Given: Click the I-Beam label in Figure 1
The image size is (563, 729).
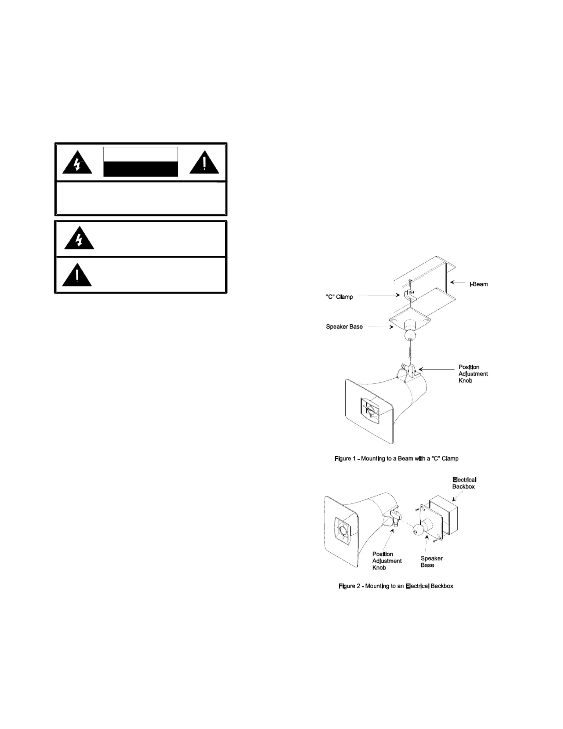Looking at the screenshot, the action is [x=478, y=284].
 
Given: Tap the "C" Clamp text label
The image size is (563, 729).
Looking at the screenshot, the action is [x=339, y=297].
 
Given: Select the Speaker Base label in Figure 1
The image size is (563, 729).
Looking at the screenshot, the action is [x=344, y=327].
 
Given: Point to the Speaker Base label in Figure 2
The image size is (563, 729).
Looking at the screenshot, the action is [x=432, y=562].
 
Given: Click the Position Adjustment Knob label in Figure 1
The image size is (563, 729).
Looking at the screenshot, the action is [x=473, y=374].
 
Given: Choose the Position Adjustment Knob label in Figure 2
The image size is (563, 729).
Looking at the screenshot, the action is [x=387, y=561].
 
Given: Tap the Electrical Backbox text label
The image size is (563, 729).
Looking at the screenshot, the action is [x=464, y=483].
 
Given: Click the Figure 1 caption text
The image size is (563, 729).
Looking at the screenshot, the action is [x=396, y=459].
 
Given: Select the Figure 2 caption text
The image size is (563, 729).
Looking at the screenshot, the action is [x=396, y=586].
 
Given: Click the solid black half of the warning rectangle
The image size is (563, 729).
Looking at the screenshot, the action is [x=141, y=169].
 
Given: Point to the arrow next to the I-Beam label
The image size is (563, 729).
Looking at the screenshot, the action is [x=458, y=282].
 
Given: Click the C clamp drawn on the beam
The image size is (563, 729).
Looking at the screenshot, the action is [x=409, y=294].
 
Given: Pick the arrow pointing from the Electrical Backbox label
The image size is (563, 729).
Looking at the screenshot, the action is [x=458, y=495].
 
